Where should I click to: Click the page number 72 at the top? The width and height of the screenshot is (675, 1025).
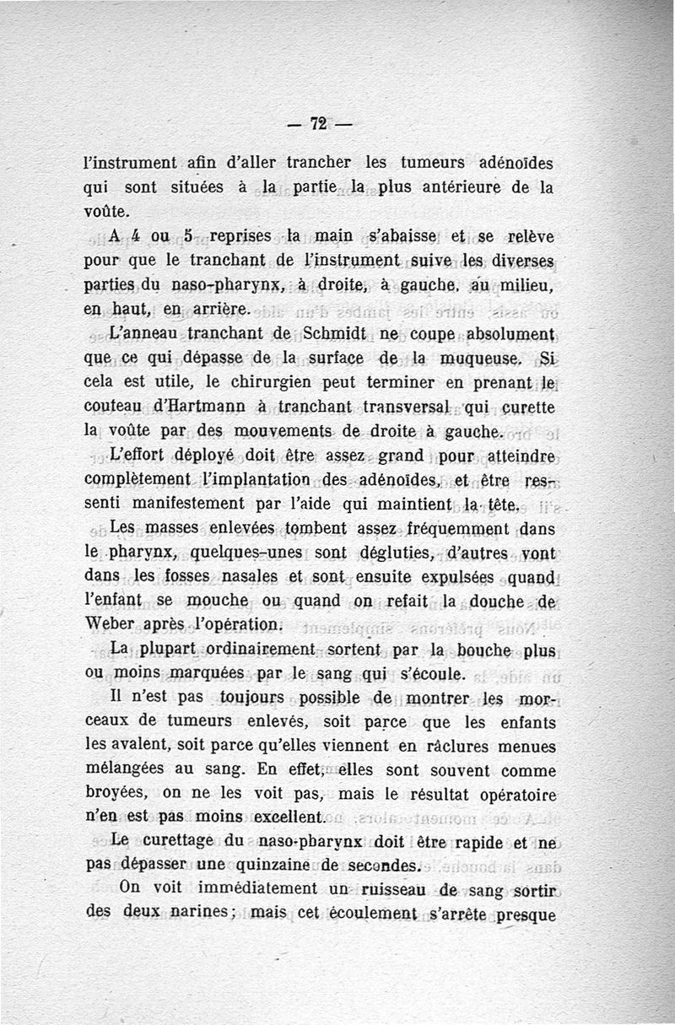click(318, 123)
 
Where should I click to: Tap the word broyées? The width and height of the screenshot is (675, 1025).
click(119, 793)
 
